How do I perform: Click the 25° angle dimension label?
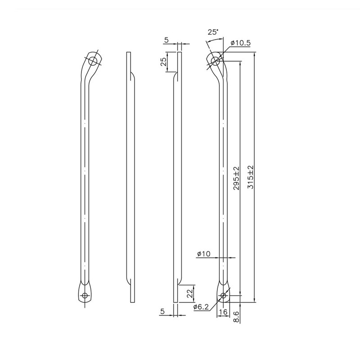click(x=213, y=32)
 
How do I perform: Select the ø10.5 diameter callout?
click(x=240, y=43)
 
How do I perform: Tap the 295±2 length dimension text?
click(x=236, y=178)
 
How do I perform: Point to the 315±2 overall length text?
click(x=250, y=177)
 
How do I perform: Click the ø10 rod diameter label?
click(x=203, y=254)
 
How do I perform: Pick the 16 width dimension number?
click(x=223, y=311)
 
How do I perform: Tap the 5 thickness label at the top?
click(x=166, y=40)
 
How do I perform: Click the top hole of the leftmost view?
click(x=93, y=61)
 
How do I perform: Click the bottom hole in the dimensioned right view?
click(x=223, y=296)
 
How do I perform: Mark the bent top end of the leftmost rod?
click(x=92, y=63)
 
